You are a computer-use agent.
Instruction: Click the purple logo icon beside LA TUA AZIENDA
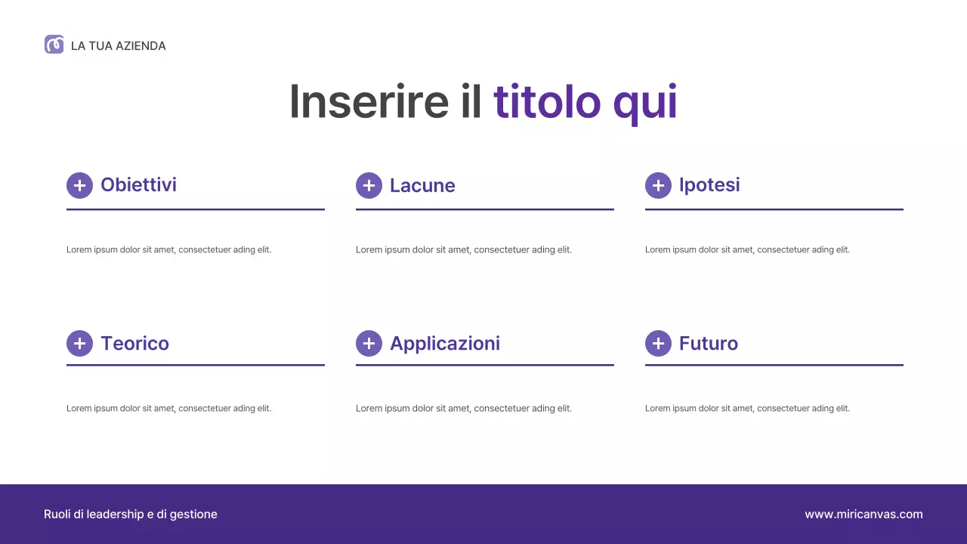pos(54,45)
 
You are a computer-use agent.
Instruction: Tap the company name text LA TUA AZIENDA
pos(118,46)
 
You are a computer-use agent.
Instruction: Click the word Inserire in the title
pos(369,101)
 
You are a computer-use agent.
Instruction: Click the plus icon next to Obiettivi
pos(79,185)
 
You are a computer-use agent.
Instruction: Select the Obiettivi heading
pos(138,185)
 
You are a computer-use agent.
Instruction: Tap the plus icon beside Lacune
pos(369,185)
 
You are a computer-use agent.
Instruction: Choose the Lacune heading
pos(422,186)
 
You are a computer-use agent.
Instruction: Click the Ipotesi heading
pos(709,185)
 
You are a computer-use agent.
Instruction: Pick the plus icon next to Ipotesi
pos(658,185)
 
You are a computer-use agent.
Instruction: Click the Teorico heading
pos(134,344)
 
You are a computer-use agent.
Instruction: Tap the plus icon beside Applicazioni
pos(369,343)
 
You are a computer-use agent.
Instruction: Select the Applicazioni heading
pos(445,344)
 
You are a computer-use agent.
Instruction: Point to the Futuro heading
pos(708,344)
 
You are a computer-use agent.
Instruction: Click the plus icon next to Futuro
pos(658,343)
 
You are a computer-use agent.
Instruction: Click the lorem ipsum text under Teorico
pos(168,409)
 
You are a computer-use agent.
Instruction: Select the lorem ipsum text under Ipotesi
pos(747,250)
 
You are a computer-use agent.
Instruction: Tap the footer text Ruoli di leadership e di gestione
pos(131,515)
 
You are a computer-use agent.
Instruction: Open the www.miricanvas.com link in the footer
pos(864,515)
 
